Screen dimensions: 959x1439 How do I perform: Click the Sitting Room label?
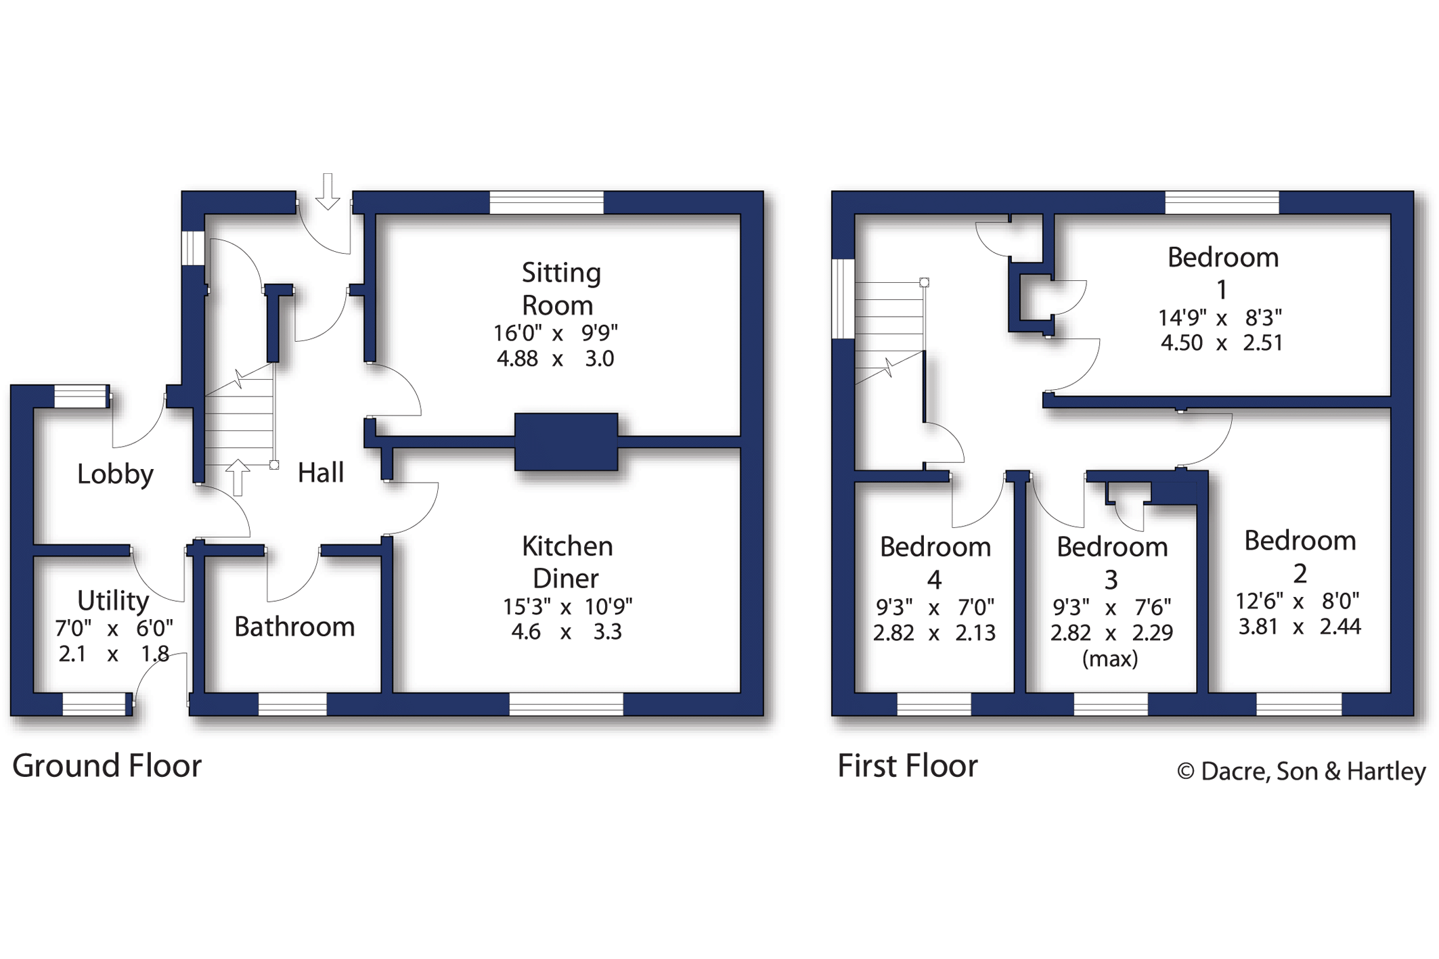point(560,289)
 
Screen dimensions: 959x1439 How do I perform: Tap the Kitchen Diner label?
point(567,562)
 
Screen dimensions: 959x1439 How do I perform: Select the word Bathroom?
point(294,627)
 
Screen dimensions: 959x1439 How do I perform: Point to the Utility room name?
point(113,600)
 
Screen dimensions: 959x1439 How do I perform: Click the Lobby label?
point(115,474)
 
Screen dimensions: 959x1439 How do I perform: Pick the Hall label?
point(321,472)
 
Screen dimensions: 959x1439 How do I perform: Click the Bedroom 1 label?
point(1222,273)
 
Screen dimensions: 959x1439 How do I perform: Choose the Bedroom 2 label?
point(1300,556)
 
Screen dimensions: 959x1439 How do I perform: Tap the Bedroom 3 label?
point(1111,562)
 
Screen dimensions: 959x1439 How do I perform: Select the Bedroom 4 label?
point(935,562)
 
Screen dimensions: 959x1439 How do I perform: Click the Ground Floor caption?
point(107,766)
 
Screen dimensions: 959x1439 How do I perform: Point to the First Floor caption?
point(907,766)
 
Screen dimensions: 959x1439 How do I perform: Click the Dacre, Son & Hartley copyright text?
point(1301,772)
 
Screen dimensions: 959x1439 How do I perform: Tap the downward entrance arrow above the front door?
point(328,192)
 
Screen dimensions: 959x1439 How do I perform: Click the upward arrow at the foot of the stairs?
point(238,476)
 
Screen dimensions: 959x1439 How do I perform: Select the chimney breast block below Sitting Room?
point(566,441)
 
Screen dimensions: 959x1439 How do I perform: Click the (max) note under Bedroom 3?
point(1110,659)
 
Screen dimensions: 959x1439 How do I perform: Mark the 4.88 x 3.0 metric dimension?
point(555,358)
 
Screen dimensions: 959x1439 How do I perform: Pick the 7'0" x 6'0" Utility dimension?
point(114,629)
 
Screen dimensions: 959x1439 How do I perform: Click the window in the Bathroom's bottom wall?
point(292,705)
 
